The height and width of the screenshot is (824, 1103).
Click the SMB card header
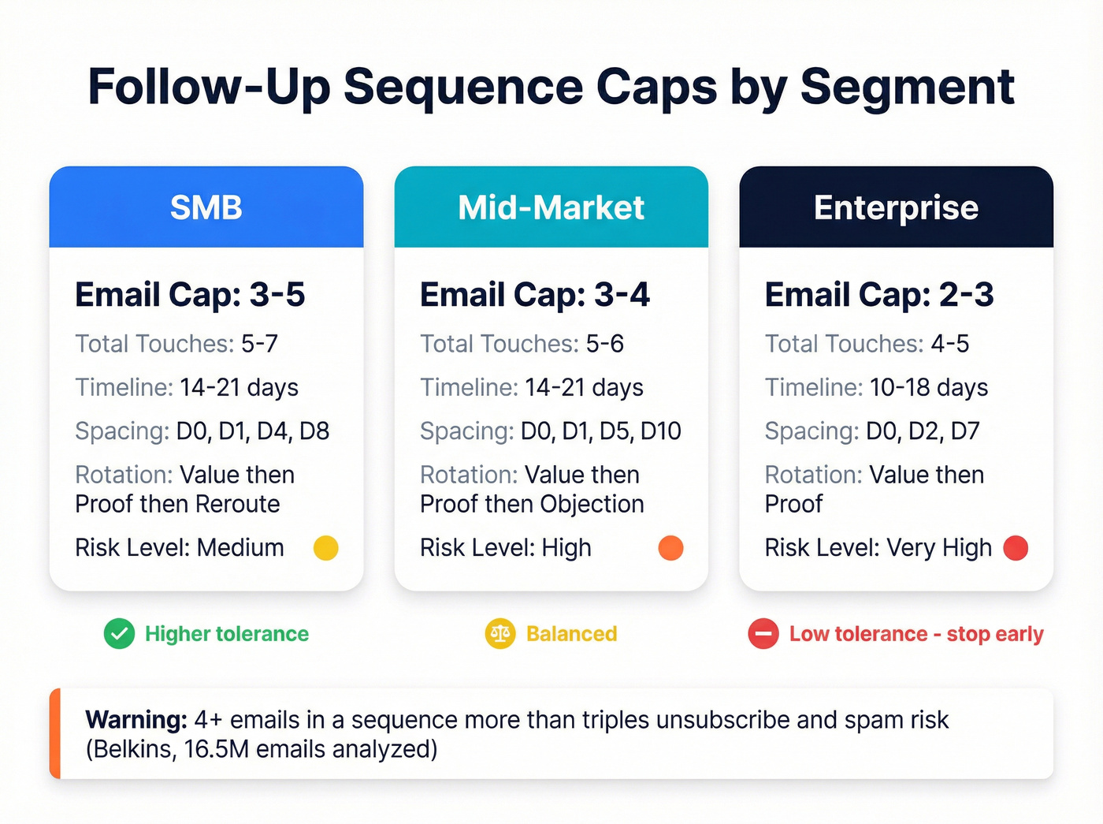(x=206, y=207)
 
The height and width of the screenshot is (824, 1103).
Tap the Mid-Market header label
(x=551, y=207)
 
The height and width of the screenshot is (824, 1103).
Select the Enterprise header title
(x=896, y=207)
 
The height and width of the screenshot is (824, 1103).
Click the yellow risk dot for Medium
(x=325, y=548)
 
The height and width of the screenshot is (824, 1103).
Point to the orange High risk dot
(x=670, y=548)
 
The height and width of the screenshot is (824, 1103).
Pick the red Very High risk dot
(x=1016, y=548)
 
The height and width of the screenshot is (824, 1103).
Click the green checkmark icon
(x=120, y=634)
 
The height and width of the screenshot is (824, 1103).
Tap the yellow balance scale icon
(x=500, y=634)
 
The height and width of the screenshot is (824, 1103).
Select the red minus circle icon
(x=763, y=634)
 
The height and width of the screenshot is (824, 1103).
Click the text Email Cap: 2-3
(x=879, y=295)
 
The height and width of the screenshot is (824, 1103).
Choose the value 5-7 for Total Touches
(x=259, y=344)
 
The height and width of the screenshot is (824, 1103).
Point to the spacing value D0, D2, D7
(x=923, y=431)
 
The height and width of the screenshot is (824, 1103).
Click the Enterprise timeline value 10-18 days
(x=929, y=388)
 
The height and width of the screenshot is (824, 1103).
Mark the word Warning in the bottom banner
(x=136, y=720)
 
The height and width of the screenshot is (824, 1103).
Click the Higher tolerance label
(x=227, y=634)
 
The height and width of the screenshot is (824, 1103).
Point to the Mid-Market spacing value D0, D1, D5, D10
(x=601, y=431)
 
